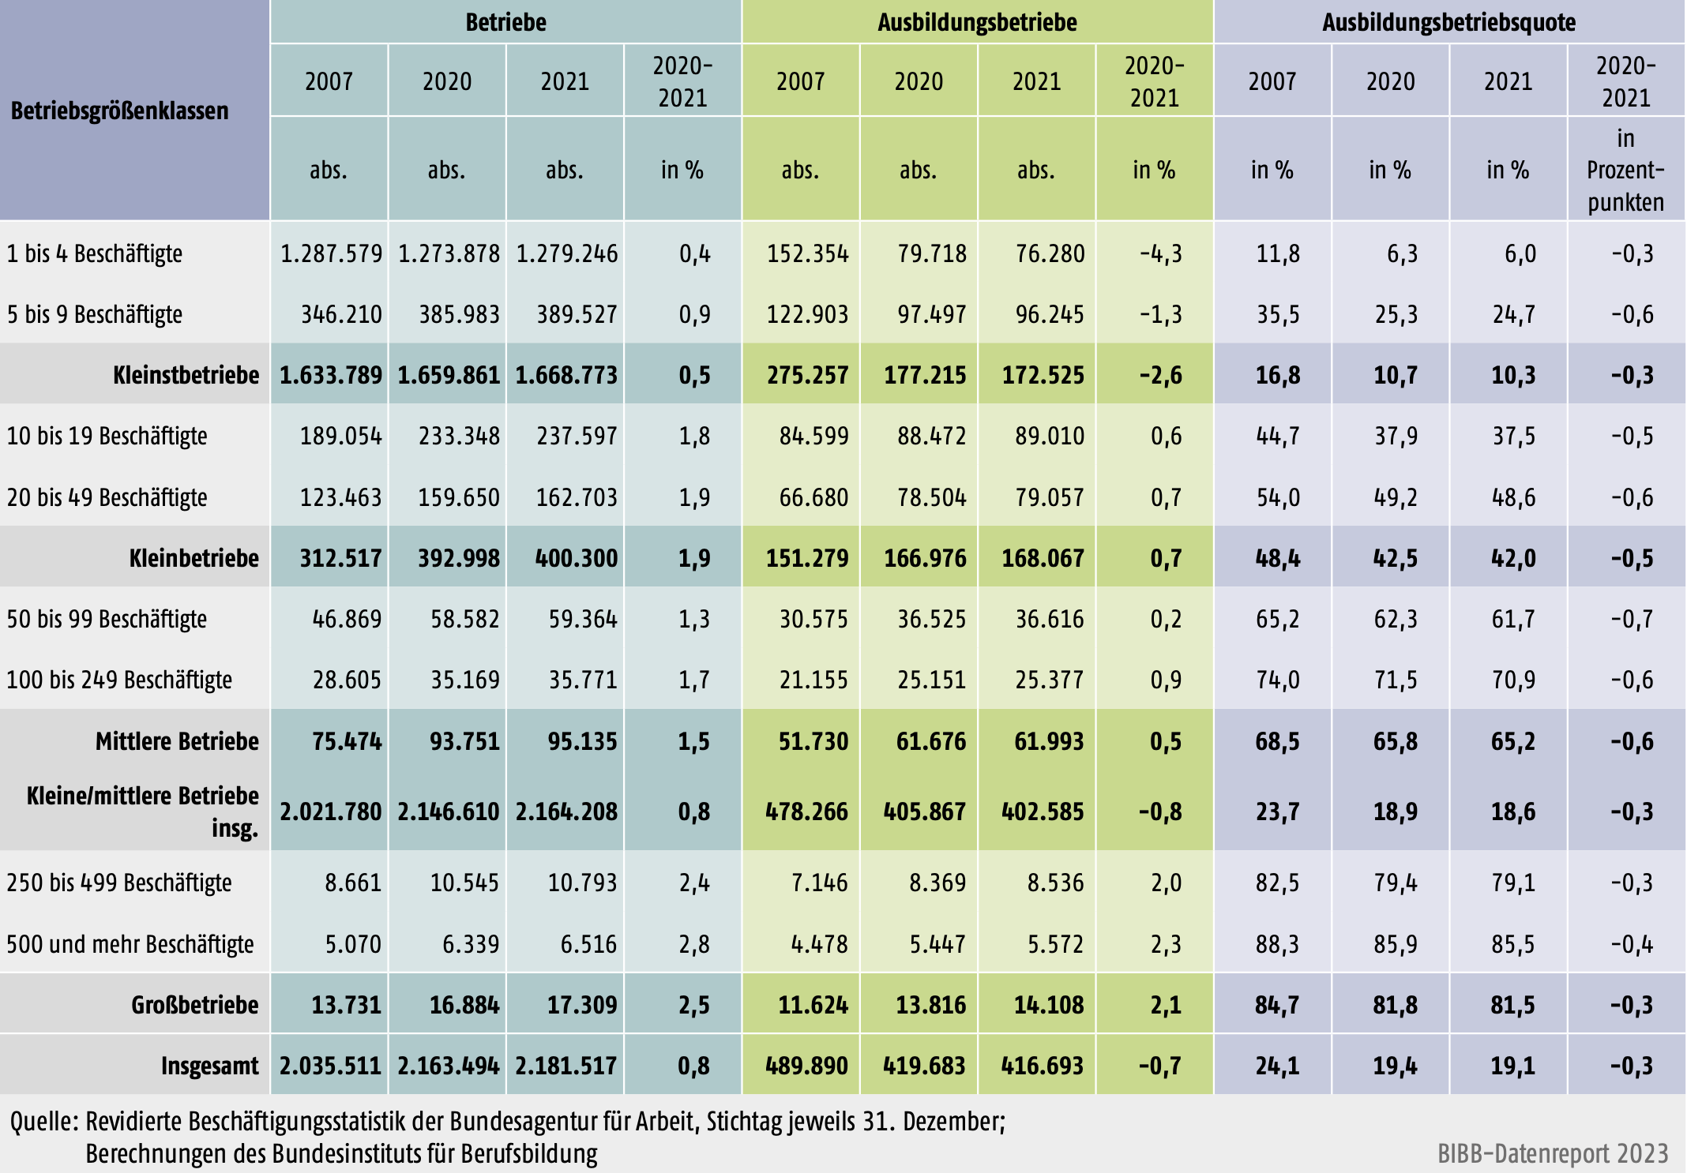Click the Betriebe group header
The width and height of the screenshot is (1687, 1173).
tap(505, 22)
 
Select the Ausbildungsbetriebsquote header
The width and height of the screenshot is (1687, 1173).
tap(1448, 22)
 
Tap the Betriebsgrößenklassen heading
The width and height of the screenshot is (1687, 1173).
tap(119, 111)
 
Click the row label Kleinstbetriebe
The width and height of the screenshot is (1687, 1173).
tap(186, 375)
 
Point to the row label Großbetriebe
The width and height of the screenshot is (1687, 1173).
tap(194, 1005)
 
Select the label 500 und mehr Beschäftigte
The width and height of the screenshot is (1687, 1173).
tap(130, 944)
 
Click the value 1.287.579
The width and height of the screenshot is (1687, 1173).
tap(331, 253)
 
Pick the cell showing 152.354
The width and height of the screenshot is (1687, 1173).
tap(807, 253)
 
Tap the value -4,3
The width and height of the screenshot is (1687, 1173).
tap(1160, 253)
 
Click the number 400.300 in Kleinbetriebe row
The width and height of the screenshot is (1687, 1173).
tap(576, 558)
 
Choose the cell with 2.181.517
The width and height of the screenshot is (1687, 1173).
tap(565, 1066)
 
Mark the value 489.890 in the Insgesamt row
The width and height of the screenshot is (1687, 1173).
tap(806, 1066)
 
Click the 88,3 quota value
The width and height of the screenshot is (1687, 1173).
tap(1277, 944)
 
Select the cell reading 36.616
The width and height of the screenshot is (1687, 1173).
tap(1050, 619)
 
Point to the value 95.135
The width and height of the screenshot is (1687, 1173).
tap(582, 741)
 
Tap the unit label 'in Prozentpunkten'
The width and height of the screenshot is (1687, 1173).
tap(1625, 171)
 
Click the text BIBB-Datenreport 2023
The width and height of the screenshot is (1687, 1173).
tap(1552, 1153)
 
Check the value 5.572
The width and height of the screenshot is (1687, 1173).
tap(1055, 944)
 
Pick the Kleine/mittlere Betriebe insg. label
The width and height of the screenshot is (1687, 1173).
tap(142, 811)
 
